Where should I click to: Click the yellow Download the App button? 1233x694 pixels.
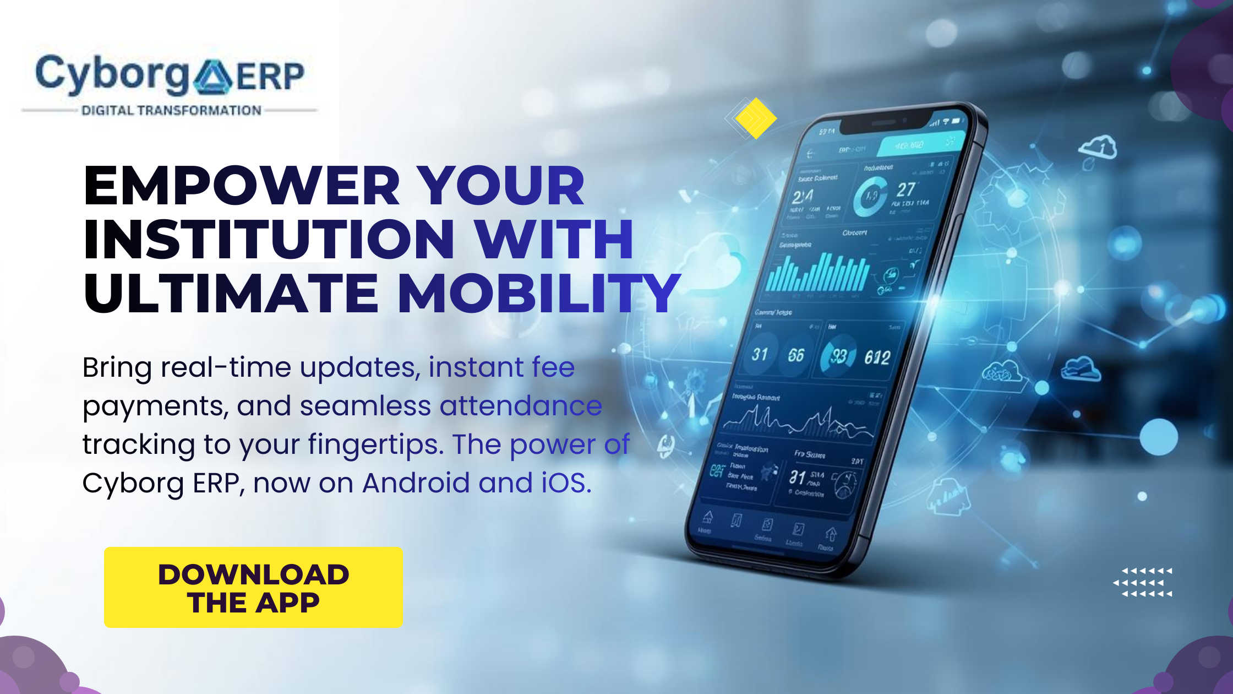click(253, 587)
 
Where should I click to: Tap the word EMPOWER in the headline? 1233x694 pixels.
click(241, 186)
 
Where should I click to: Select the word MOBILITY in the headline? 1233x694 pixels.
click(538, 293)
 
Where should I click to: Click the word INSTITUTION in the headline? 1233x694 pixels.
click(269, 239)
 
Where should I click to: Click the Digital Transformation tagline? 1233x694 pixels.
click(171, 111)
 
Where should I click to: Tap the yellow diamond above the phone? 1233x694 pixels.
click(755, 118)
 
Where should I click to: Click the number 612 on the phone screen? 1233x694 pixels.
click(877, 358)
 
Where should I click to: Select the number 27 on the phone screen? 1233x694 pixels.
click(905, 190)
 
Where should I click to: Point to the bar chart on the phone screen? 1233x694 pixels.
click(817, 273)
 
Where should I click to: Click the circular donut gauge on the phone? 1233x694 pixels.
click(870, 197)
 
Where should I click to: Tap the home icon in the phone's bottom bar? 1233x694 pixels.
click(708, 518)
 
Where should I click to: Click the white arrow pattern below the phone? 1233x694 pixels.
click(1144, 582)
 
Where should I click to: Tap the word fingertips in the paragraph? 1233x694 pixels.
click(375, 444)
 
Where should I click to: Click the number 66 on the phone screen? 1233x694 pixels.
click(796, 355)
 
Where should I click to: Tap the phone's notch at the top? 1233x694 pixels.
click(886, 122)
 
